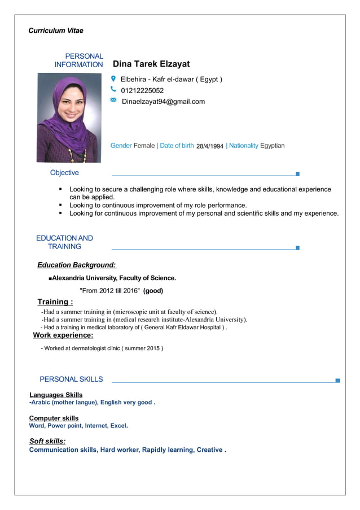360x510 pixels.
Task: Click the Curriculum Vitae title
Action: coord(56,30)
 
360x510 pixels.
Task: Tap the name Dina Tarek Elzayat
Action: coord(151,64)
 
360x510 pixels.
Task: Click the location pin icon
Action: coord(113,79)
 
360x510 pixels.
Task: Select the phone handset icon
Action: coord(113,90)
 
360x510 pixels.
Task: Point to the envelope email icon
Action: coord(113,100)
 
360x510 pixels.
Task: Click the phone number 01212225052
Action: coord(142,90)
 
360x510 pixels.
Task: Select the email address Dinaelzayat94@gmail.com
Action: coord(163,102)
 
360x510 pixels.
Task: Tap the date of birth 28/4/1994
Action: coord(210,146)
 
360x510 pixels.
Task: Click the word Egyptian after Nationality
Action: coord(273,146)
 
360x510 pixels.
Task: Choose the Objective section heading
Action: coord(64,173)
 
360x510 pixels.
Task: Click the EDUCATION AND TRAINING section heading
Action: coord(64,242)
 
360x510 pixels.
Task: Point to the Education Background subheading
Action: coord(77,265)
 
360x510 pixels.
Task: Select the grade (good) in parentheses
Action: coord(153,291)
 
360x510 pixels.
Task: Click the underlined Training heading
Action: coord(55,302)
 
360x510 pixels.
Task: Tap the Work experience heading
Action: coord(63,335)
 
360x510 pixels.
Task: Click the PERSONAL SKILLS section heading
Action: coord(71,379)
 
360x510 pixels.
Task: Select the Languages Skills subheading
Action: coord(56,395)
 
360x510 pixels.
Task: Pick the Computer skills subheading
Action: coord(54,418)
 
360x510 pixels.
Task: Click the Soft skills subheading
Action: coord(47,441)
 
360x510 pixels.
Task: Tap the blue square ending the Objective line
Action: coord(297,174)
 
